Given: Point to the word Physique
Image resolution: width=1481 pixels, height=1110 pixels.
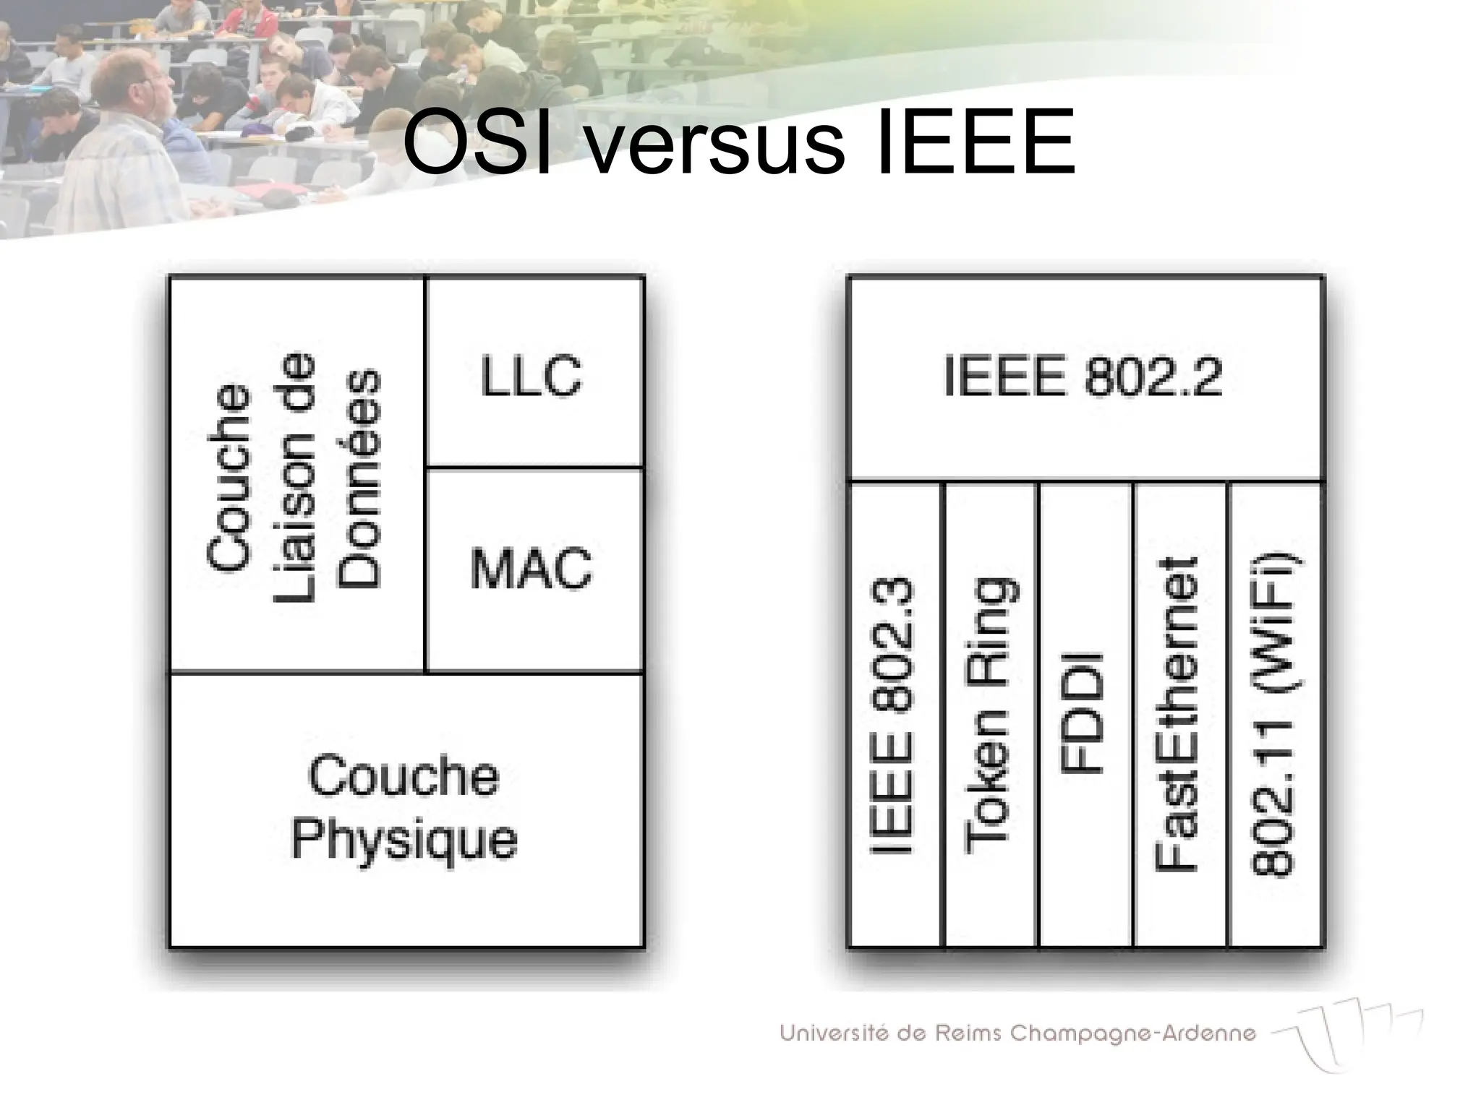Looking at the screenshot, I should click(404, 840).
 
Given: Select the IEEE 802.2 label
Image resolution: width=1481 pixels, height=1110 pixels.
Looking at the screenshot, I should click(1083, 377).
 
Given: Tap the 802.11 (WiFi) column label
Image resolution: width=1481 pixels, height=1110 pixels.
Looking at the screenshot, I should click(1273, 715).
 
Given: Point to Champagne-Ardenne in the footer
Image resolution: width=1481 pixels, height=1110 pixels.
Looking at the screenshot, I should click(1132, 1033).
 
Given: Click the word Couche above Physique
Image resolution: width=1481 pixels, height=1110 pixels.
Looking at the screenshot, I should click(404, 777).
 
